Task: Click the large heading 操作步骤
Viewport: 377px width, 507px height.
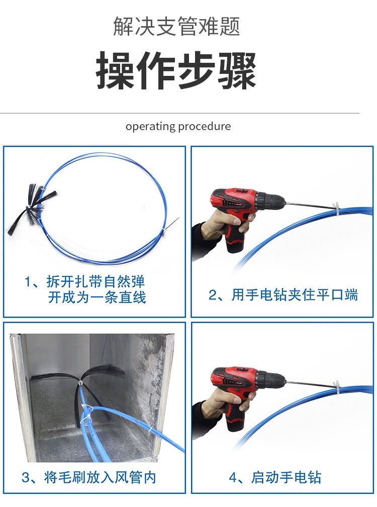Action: tap(176, 70)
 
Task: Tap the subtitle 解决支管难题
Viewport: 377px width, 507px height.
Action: tap(176, 27)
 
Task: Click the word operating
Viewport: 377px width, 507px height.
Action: tap(150, 127)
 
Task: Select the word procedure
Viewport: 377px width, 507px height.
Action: tap(205, 127)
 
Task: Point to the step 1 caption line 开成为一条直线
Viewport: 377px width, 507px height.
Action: tap(97, 297)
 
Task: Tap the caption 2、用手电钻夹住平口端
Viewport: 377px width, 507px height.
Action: tap(283, 295)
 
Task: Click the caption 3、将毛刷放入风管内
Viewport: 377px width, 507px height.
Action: tap(89, 477)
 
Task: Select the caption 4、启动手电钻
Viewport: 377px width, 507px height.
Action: tap(275, 477)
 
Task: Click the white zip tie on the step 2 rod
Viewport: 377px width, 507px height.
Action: tap(335, 210)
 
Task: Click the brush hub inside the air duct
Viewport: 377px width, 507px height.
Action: tap(80, 382)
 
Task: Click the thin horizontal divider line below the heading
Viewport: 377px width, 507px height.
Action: tap(180, 114)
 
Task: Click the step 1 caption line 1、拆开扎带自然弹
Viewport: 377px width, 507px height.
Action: tap(85, 281)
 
